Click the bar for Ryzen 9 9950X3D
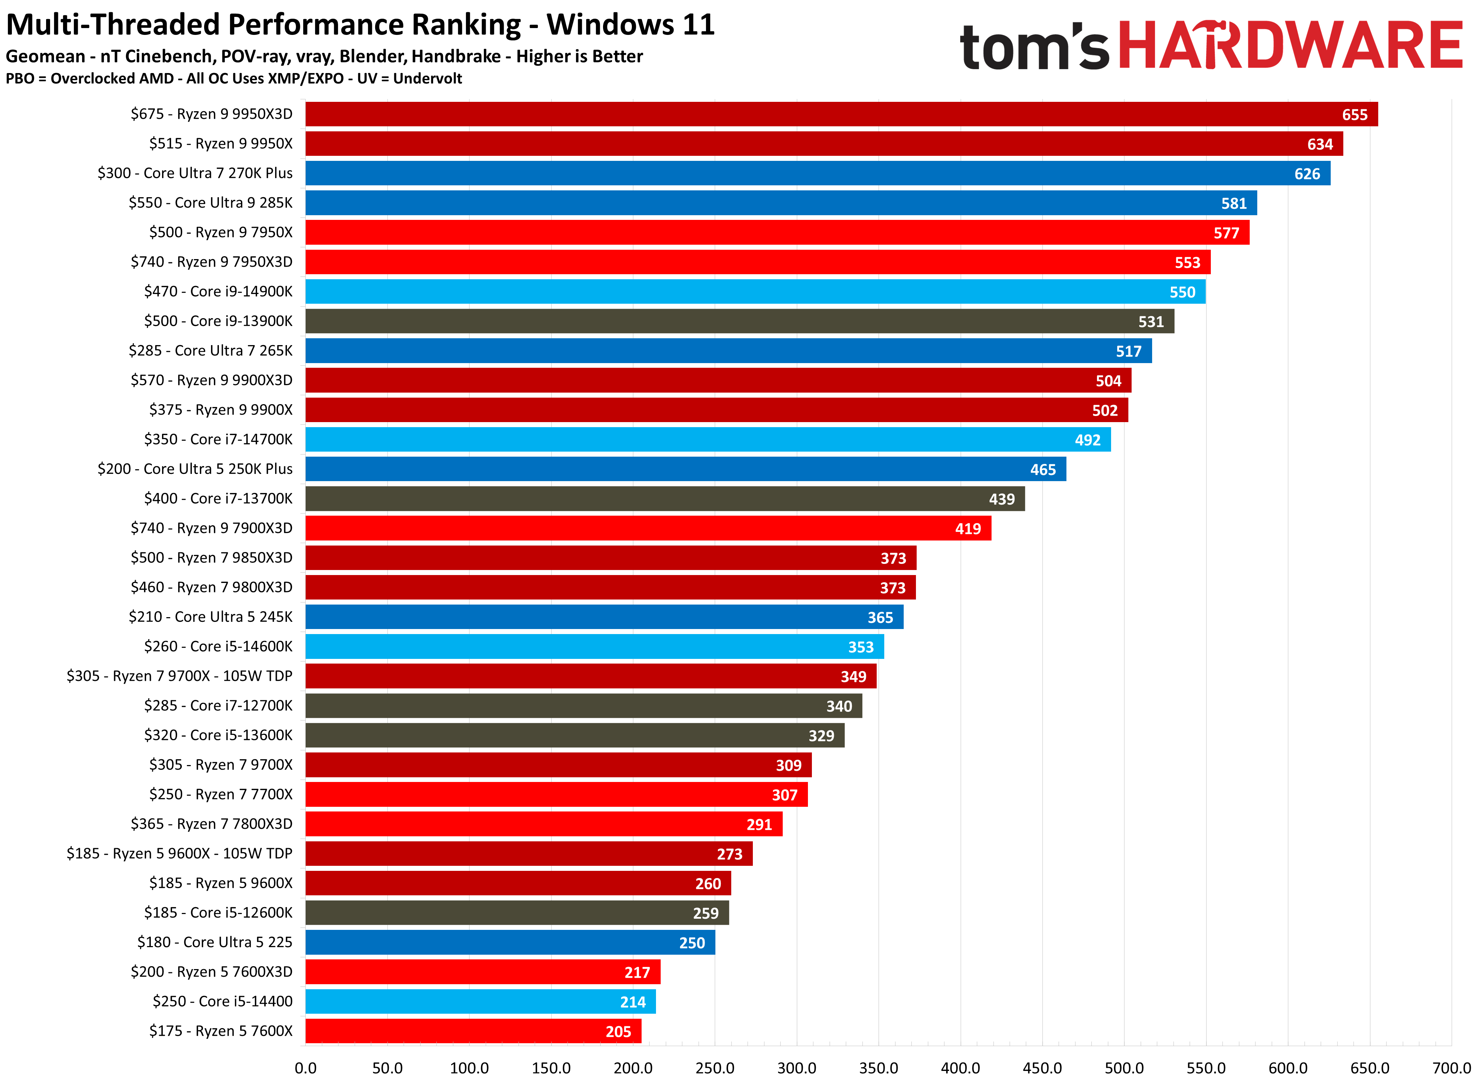click(x=841, y=114)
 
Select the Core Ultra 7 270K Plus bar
click(x=817, y=173)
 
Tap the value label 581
click(x=1233, y=204)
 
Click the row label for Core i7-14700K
click(x=218, y=439)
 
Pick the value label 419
click(x=968, y=529)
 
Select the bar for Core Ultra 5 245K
click(x=604, y=617)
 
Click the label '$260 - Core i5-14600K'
click(x=218, y=647)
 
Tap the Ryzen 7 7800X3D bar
click(x=543, y=824)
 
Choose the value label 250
click(x=692, y=943)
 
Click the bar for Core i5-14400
click(x=480, y=1001)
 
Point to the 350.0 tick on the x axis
click(x=878, y=1068)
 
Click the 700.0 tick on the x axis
click(x=1451, y=1068)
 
